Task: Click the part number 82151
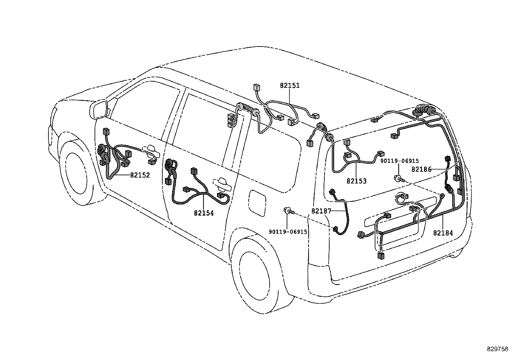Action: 290,86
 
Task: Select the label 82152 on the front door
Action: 140,175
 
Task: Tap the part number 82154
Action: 204,213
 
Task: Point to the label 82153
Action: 356,181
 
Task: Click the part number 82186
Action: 421,169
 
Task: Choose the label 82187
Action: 321,211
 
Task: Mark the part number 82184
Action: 443,233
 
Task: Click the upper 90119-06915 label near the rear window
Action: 399,161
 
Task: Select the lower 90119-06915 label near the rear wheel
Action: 288,232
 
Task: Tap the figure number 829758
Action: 497,350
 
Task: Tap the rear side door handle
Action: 222,184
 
